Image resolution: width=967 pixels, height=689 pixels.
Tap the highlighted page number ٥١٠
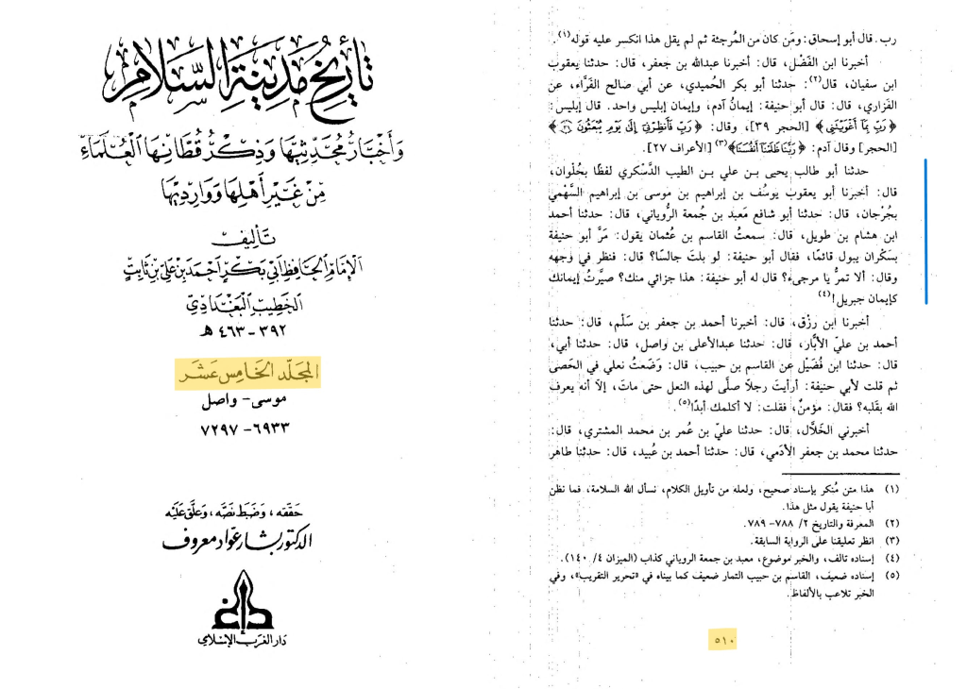(x=725, y=642)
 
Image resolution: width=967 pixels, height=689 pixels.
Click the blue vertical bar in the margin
(x=926, y=231)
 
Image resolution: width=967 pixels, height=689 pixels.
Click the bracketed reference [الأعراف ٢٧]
(x=675, y=149)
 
